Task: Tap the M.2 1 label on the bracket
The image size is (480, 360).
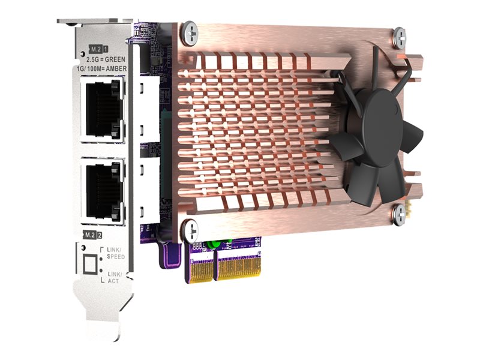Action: pos(98,47)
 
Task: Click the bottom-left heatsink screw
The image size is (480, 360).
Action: pos(190,229)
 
